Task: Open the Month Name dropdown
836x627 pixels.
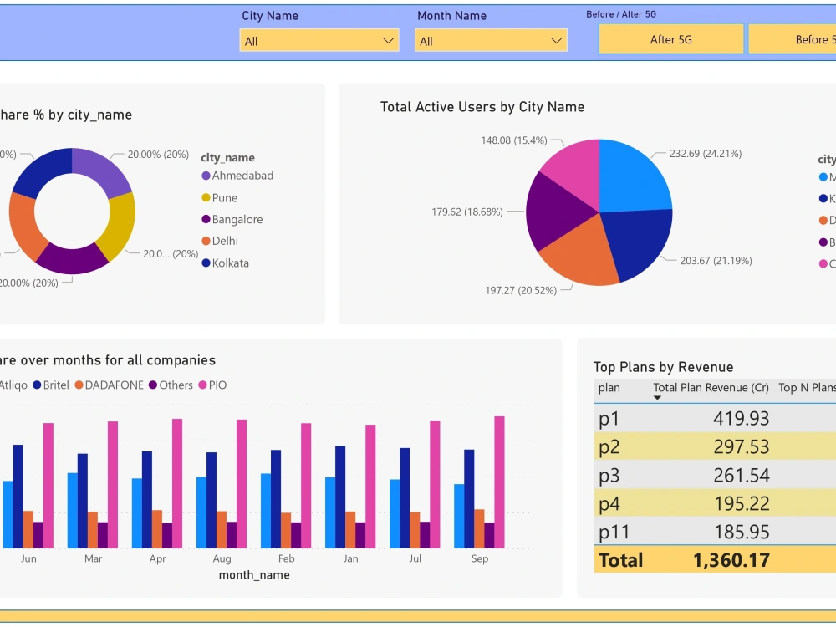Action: (x=491, y=41)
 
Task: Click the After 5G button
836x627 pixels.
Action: (x=670, y=39)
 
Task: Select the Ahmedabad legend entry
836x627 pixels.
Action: (x=242, y=176)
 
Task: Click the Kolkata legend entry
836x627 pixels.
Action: (x=230, y=263)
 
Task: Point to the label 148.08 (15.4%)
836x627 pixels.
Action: (x=513, y=140)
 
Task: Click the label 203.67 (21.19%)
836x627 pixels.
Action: (x=716, y=261)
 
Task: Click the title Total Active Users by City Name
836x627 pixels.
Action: (x=482, y=107)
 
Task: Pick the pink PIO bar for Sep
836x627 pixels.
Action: (x=499, y=482)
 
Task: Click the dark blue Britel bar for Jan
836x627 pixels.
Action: (x=340, y=497)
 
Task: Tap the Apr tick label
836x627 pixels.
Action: (x=157, y=558)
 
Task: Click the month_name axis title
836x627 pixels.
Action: (x=254, y=575)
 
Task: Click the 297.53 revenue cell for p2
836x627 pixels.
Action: (x=741, y=447)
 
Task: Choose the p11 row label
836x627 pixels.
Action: (x=614, y=533)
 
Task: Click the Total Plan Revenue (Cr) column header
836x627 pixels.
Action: (x=711, y=388)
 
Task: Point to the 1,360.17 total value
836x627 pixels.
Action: (x=731, y=560)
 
